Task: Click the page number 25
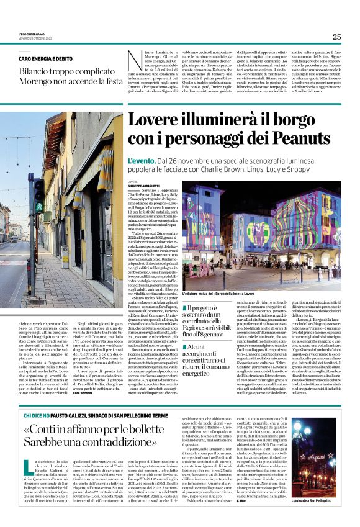(x=336, y=37)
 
